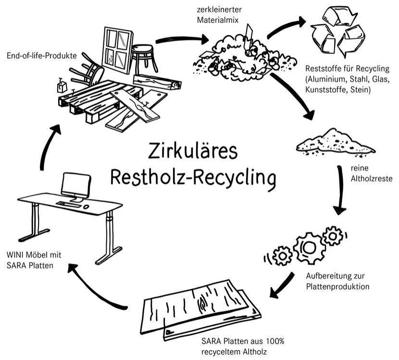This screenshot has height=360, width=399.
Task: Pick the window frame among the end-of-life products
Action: pyautogui.click(x=118, y=50)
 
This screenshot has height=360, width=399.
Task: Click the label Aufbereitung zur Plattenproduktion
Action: pyautogui.click(x=337, y=282)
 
